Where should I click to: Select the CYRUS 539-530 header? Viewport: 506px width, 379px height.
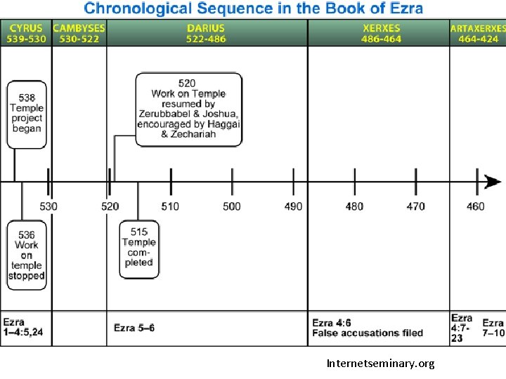[26, 33]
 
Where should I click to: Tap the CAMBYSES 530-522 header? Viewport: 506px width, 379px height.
[79, 33]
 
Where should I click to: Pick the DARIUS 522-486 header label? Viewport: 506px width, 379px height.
[206, 33]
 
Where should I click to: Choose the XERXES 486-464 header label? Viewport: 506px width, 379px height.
[382, 33]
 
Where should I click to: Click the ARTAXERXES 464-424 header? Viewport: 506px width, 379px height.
[478, 33]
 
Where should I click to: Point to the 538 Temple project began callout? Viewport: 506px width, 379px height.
[27, 114]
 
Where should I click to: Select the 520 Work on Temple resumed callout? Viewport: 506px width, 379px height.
[188, 109]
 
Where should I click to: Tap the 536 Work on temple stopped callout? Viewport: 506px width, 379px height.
[27, 255]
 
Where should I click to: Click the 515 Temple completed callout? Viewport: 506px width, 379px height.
[138, 247]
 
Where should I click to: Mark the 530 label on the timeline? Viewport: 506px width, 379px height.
[48, 206]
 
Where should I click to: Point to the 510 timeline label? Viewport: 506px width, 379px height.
[170, 206]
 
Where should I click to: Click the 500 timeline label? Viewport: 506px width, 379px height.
[232, 206]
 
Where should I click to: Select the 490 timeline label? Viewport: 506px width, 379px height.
[293, 206]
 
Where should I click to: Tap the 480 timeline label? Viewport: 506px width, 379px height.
[355, 206]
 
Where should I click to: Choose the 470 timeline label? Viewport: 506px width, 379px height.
[416, 206]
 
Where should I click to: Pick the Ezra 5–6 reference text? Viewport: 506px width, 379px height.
[134, 328]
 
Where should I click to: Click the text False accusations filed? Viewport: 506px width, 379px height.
[368, 333]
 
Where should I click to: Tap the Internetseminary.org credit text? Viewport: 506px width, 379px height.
[381, 364]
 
